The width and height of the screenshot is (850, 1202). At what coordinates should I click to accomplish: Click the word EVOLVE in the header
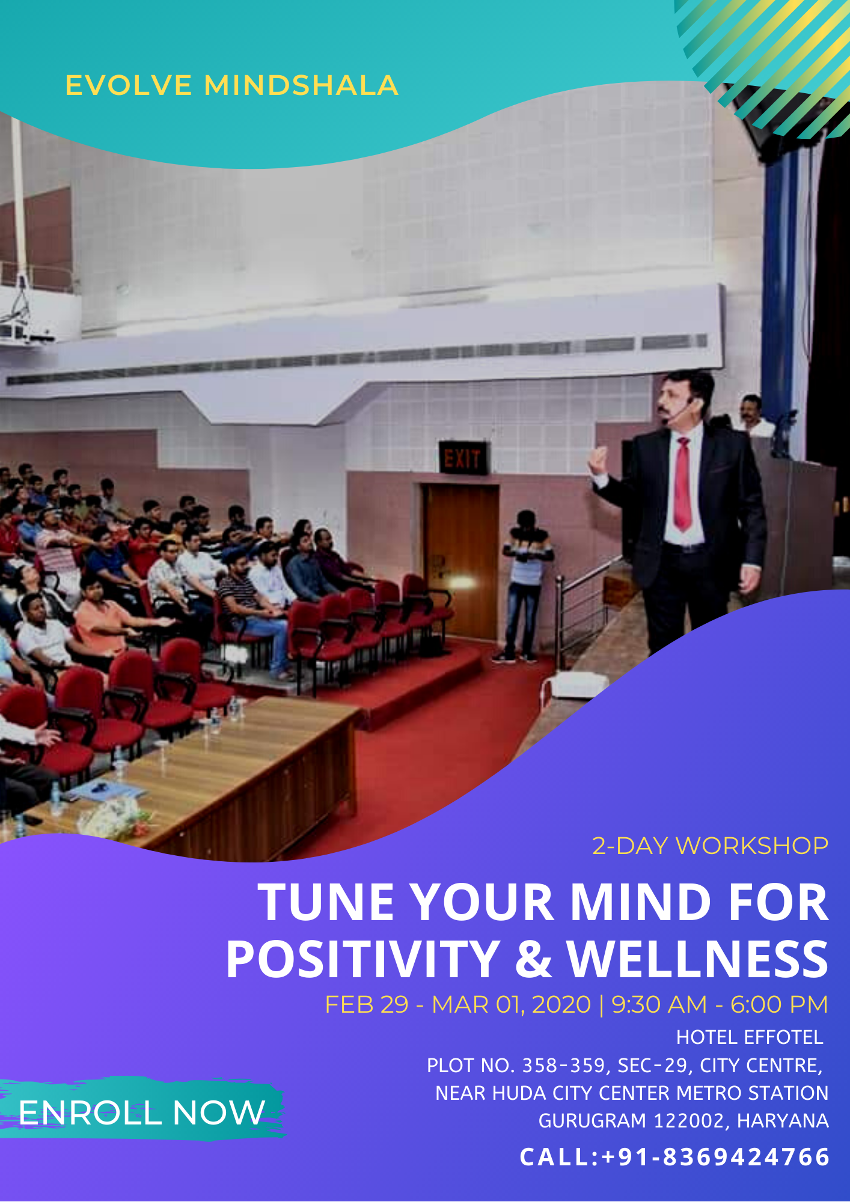(129, 85)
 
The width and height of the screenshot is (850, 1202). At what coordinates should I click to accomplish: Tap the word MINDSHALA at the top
(301, 85)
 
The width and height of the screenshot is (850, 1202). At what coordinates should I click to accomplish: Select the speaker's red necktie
(682, 484)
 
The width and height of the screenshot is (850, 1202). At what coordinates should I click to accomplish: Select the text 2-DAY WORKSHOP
(710, 846)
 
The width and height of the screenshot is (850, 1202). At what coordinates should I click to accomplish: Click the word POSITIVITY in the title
(362, 959)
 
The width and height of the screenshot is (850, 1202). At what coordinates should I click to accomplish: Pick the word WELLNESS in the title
(698, 959)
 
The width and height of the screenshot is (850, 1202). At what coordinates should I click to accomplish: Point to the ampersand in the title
(533, 959)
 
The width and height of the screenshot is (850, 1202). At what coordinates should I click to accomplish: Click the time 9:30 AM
(659, 1005)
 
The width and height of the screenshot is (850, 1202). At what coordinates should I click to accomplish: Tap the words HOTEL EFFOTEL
(750, 1037)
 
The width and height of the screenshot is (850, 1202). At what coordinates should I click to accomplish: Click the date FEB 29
(367, 1005)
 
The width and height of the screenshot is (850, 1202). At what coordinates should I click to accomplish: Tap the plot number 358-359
(563, 1066)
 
